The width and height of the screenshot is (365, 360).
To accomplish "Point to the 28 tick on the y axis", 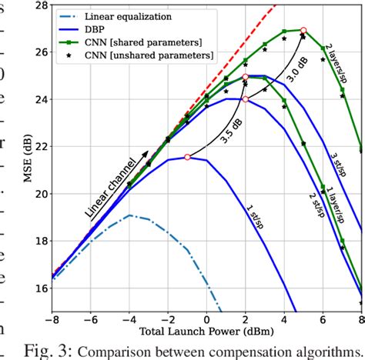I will (39, 5).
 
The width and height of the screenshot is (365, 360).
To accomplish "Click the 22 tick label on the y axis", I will (39, 147).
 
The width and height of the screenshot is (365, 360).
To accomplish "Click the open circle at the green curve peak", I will (303, 31).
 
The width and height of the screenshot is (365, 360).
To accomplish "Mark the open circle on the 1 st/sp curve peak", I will (187, 157).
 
